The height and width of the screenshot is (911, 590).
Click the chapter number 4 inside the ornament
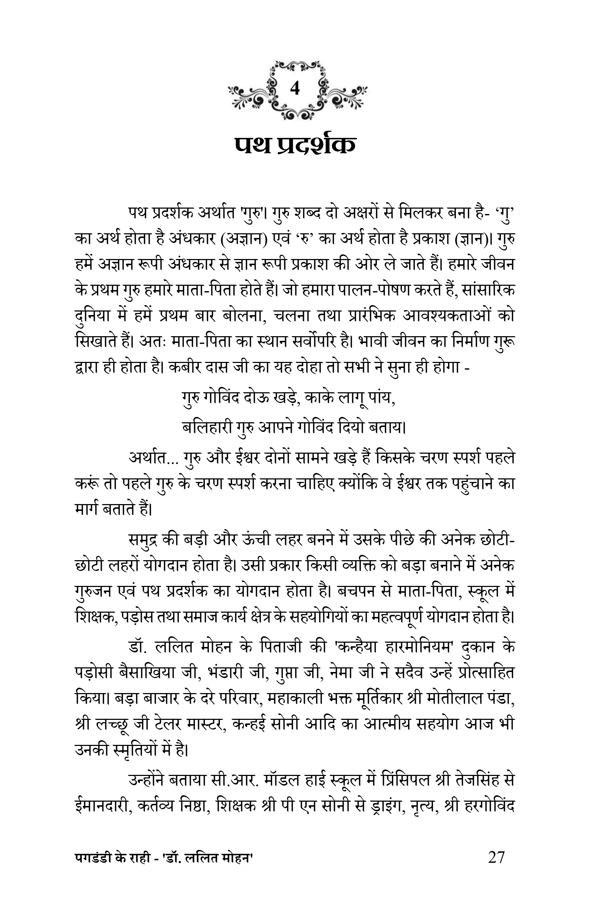click(295, 89)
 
